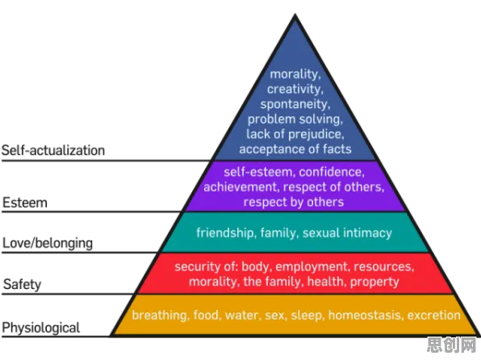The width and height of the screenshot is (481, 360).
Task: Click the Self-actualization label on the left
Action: click(x=53, y=150)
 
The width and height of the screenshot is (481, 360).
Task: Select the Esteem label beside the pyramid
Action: click(x=25, y=203)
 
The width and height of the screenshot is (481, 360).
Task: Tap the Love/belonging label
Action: click(x=48, y=244)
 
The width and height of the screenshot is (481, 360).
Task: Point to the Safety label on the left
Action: click(x=22, y=284)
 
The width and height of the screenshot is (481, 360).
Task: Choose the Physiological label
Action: click(x=41, y=328)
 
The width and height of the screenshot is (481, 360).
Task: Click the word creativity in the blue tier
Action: click(x=295, y=90)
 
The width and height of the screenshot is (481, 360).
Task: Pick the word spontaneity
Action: click(x=295, y=104)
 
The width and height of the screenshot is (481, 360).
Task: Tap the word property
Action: click(x=374, y=282)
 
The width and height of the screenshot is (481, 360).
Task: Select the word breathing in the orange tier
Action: click(x=160, y=315)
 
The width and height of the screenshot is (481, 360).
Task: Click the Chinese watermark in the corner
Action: click(x=452, y=345)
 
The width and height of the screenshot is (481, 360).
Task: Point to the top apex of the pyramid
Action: click(x=295, y=14)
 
